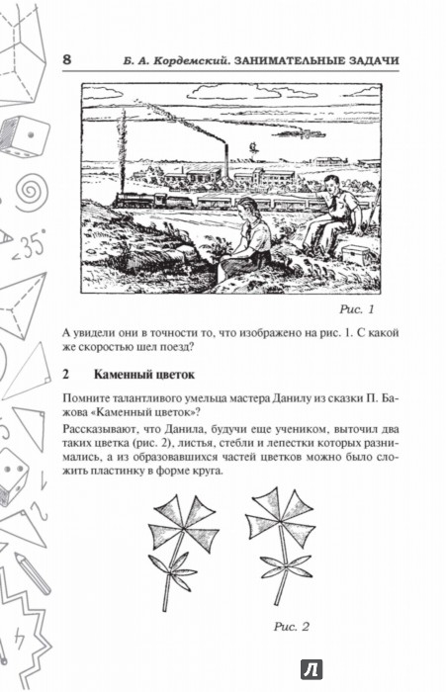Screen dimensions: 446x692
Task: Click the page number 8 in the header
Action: [x=66, y=59]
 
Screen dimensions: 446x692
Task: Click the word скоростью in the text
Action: [x=111, y=346]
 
